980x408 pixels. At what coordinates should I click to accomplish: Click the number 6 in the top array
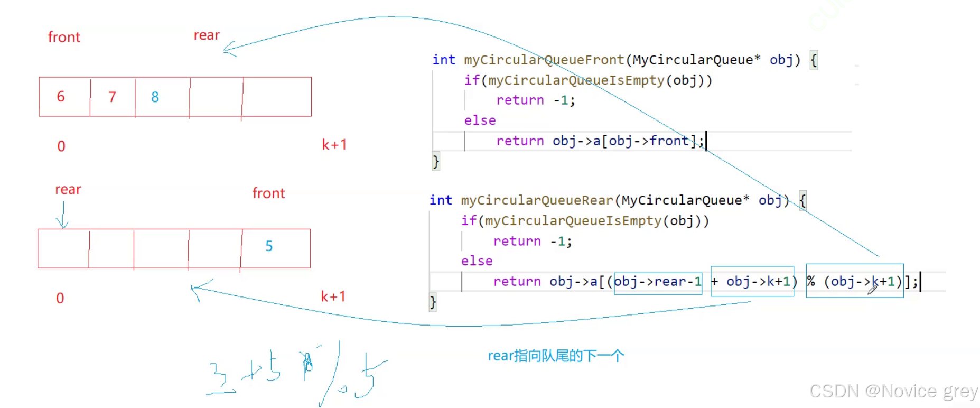coord(61,97)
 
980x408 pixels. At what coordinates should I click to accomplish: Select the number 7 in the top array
coord(112,97)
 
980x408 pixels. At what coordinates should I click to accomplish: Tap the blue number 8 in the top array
coord(155,97)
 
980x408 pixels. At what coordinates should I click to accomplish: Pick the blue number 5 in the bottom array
coord(269,246)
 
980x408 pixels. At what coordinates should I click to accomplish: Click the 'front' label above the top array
coord(64,37)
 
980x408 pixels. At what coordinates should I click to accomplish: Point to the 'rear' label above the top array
coord(207,35)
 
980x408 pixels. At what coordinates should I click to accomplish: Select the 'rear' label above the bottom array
coord(68,189)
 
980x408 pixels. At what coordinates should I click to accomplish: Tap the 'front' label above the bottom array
coord(268,193)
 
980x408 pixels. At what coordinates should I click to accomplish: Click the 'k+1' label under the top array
coord(334,145)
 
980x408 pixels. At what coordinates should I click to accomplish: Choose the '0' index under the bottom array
coord(60,299)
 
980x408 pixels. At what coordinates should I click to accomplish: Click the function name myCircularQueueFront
coord(544,60)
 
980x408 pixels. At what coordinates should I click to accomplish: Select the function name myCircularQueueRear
coord(537,200)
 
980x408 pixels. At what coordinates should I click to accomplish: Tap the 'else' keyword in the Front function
coord(480,120)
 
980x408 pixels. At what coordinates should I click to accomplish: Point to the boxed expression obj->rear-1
coord(658,281)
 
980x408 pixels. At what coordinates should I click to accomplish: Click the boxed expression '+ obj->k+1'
coord(752,281)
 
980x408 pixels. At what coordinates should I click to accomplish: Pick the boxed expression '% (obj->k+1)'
coord(854,281)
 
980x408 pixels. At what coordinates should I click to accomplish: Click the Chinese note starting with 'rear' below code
coord(556,356)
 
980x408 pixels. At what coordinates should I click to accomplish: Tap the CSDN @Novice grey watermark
coord(893,391)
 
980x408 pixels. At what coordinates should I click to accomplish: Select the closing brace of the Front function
coord(436,161)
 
